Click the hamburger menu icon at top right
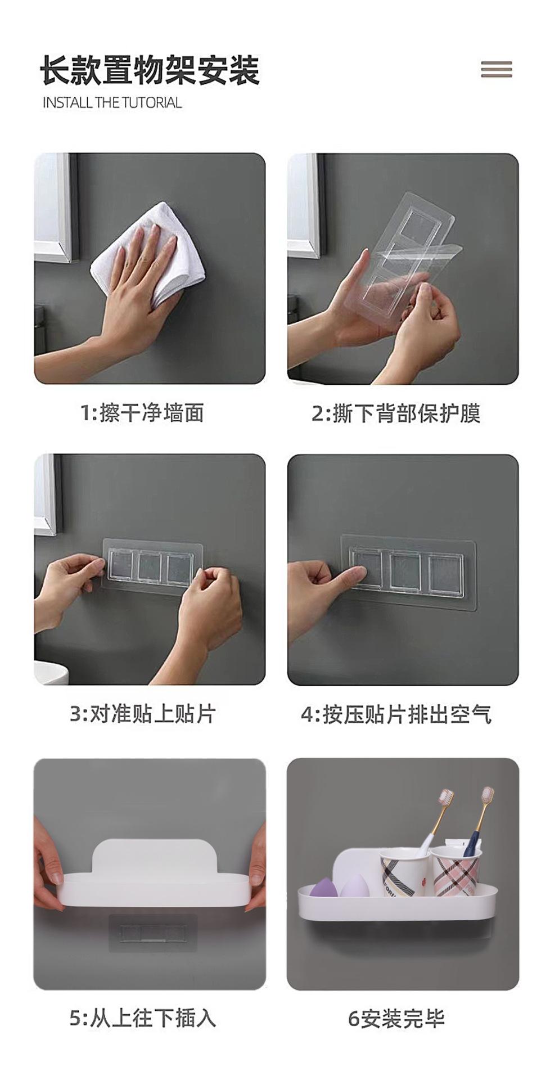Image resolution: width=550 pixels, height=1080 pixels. click(x=497, y=69)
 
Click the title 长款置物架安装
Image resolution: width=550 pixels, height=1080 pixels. click(x=150, y=70)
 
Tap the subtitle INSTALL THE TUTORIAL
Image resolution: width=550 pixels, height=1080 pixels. click(x=112, y=102)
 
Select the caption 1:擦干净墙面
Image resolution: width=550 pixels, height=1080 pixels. click(x=142, y=413)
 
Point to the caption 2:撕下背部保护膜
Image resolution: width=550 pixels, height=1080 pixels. click(x=396, y=413)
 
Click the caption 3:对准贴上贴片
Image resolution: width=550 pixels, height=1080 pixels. click(x=143, y=714)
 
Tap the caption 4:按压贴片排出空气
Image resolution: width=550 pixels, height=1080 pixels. click(x=396, y=714)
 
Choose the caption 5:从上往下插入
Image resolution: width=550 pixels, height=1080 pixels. click(x=143, y=1018)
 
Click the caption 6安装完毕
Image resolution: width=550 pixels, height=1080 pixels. click(x=396, y=1019)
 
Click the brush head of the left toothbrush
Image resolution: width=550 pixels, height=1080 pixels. click(x=446, y=799)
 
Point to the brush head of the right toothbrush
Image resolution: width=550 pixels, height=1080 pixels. click(x=486, y=796)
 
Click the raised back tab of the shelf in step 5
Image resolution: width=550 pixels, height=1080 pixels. click(x=149, y=858)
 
